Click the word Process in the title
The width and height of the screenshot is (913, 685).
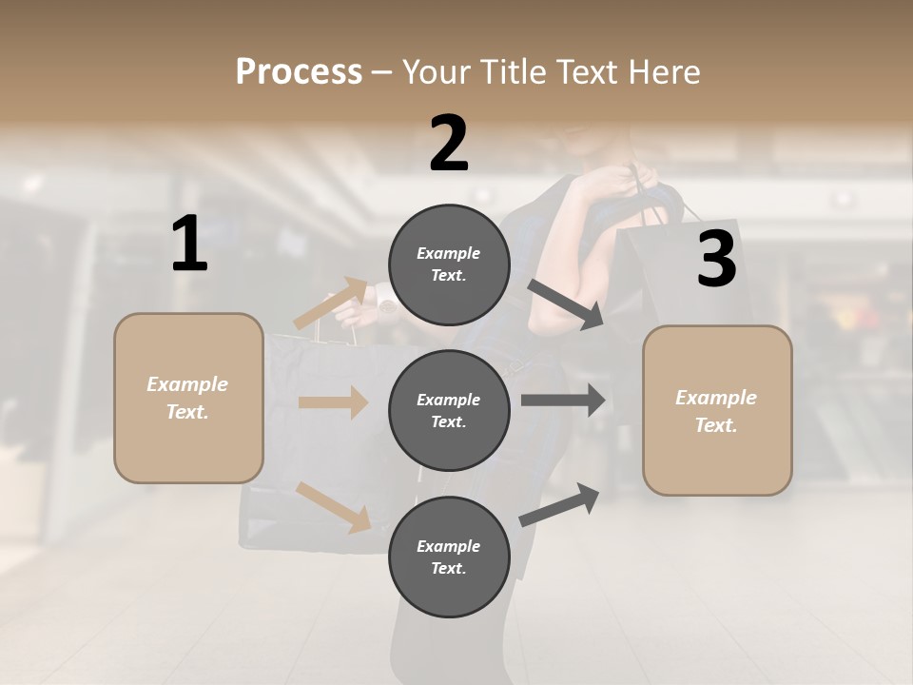[299, 72]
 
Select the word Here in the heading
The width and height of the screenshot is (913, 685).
[664, 72]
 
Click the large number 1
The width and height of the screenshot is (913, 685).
[189, 245]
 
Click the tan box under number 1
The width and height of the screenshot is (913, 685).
[188, 398]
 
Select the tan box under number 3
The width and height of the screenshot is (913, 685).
[717, 411]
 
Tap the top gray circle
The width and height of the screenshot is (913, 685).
[449, 264]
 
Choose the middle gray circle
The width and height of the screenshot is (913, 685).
[449, 410]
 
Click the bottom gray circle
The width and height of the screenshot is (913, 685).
[449, 557]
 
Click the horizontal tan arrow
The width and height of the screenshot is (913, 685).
[333, 402]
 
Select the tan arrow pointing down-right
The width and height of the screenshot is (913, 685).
[334, 507]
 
